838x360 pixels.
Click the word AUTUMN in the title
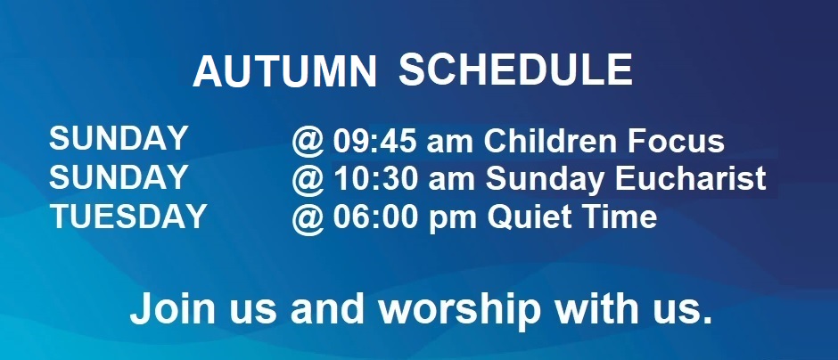[x=285, y=71]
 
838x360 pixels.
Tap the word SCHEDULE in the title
[x=516, y=70]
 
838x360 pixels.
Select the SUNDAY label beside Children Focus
[x=118, y=138]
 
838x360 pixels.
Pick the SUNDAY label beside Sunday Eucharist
[x=118, y=176]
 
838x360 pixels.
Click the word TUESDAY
[x=128, y=217]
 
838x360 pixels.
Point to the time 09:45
[x=374, y=141]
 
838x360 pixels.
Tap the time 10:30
[x=375, y=179]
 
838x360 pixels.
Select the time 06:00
[x=374, y=217]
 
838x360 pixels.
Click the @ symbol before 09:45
[x=308, y=143]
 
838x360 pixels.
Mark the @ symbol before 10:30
[x=308, y=181]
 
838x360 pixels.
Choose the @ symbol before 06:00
[x=308, y=219]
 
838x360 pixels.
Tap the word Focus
[x=676, y=141]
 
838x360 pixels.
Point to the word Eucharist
[x=691, y=179]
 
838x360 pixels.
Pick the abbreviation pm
[x=452, y=221]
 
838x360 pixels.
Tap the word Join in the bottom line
[x=172, y=308]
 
